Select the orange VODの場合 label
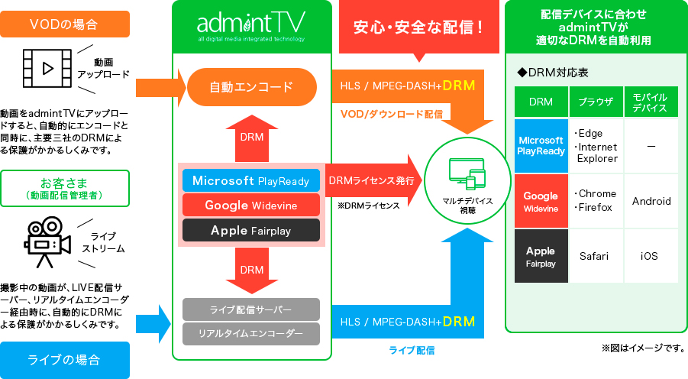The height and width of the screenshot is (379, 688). tap(65, 24)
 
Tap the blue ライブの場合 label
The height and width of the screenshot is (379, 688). tap(65, 359)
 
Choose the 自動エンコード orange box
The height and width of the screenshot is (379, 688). tap(251, 86)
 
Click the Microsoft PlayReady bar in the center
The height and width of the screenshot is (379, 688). tap(251, 181)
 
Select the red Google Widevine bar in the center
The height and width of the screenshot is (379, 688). tap(251, 206)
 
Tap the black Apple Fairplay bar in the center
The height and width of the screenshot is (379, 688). tap(251, 230)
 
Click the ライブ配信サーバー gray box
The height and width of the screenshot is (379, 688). tap(251, 309)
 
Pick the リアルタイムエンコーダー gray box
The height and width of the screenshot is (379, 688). tap(251, 333)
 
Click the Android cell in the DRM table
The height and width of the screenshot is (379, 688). tap(651, 201)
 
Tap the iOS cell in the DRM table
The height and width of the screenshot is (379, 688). tap(651, 256)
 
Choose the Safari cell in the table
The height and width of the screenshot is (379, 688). tap(596, 256)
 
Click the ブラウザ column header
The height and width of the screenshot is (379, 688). tap(596, 102)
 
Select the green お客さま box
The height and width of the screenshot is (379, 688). tap(65, 188)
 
